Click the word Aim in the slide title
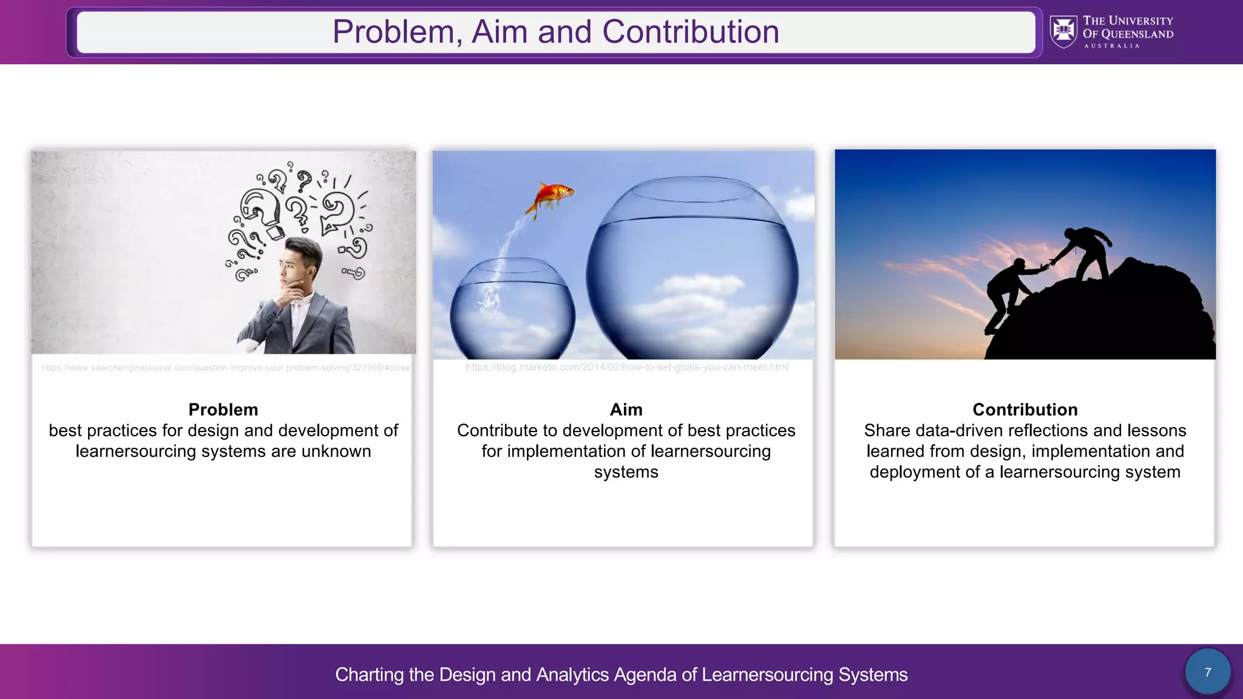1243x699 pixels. point(498,32)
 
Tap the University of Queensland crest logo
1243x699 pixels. point(1063,32)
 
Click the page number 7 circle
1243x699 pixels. point(1207,672)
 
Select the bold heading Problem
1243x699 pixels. point(223,410)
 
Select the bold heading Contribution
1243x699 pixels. point(1025,410)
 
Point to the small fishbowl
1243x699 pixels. point(512,309)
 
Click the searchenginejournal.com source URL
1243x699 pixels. point(225,368)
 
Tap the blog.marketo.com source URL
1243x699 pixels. point(626,367)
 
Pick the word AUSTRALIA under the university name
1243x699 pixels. point(1111,46)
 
